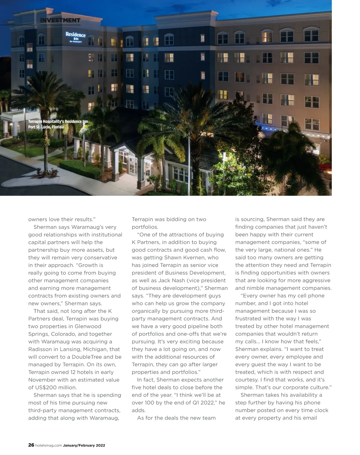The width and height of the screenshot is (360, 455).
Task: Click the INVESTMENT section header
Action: click(x=60, y=20)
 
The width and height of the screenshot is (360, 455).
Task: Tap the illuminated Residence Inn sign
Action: click(x=76, y=37)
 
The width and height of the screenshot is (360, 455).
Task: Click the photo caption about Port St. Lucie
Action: click(x=58, y=124)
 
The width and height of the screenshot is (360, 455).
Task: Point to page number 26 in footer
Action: click(x=31, y=445)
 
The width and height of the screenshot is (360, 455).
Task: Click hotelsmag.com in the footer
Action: click(x=49, y=445)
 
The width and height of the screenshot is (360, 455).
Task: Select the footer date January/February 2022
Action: click(x=84, y=445)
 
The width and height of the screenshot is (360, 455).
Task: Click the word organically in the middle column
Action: click(x=148, y=311)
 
